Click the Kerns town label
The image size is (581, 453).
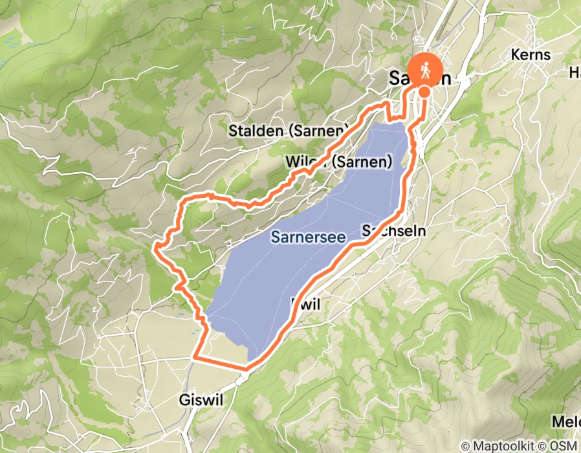click(x=530, y=54)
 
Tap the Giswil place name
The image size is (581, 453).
click(x=200, y=401)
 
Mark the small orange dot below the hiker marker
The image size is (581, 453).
click(x=424, y=92)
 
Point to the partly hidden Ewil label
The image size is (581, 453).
click(x=305, y=303)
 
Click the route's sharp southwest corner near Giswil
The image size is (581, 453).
click(x=195, y=356)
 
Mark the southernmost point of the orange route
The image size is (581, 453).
click(x=246, y=370)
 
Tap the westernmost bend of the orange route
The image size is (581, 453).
click(x=155, y=246)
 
